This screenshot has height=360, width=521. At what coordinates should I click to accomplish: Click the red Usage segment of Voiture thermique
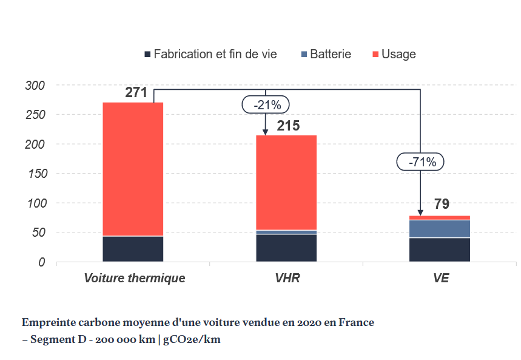coord(133,169)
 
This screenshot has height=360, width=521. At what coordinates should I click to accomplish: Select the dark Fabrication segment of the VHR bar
coord(286,248)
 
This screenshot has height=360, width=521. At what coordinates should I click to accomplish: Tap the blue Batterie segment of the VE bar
coord(440,229)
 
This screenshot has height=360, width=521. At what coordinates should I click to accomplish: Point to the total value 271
coord(136,93)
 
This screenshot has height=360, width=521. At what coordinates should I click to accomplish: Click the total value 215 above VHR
coord(289,126)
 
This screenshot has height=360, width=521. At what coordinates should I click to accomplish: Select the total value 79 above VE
coord(441,204)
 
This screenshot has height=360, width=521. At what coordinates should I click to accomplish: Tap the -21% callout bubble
coord(266,105)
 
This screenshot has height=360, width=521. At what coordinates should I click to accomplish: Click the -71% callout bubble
coord(421,162)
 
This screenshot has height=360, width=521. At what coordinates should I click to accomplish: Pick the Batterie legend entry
coord(330,54)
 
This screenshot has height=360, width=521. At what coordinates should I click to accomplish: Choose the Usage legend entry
coord(398,54)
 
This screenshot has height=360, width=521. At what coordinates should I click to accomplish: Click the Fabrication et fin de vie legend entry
coord(215,54)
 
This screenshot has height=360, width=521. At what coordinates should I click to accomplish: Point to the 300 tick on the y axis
coord(35,86)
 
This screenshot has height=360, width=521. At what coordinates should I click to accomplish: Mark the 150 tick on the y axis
coord(35,174)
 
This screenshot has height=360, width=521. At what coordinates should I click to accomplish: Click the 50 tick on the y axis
coord(38,233)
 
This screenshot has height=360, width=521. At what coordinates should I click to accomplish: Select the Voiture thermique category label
coord(135,279)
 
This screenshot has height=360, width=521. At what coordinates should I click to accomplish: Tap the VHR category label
coord(287,279)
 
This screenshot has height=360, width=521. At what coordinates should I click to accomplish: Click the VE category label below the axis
coord(441,279)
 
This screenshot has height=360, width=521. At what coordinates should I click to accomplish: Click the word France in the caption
coord(357,322)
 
